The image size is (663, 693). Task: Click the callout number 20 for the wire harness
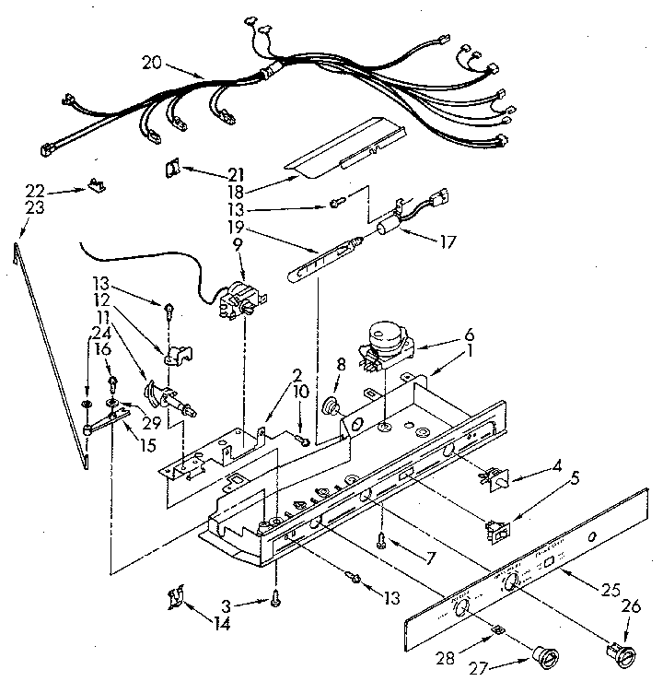[x=154, y=63]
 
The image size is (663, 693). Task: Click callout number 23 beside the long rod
[x=35, y=208]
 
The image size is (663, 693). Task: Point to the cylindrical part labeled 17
[x=390, y=226]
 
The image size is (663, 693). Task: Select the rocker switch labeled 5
[x=498, y=531]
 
